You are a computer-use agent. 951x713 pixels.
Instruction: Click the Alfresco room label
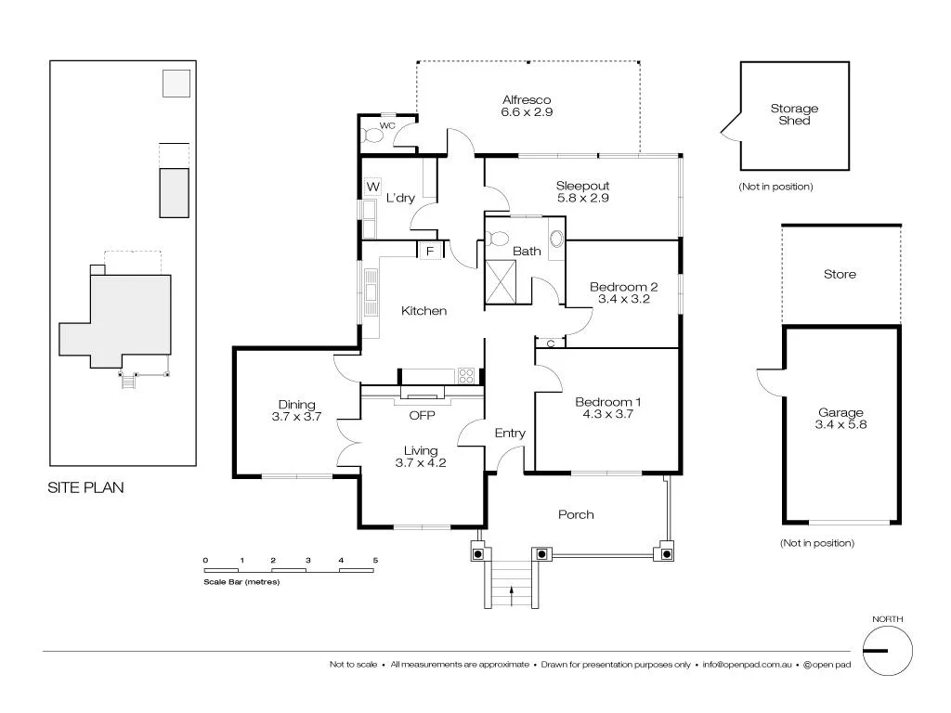pyautogui.click(x=527, y=106)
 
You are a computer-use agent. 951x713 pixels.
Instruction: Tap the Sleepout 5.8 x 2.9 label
pyautogui.click(x=582, y=191)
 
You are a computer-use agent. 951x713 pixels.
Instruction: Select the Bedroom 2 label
pyautogui.click(x=623, y=292)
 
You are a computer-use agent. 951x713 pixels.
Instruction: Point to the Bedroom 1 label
pyautogui.click(x=608, y=408)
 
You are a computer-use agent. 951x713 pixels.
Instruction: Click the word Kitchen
pyautogui.click(x=423, y=311)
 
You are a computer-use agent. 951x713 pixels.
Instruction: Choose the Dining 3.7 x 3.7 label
pyautogui.click(x=297, y=410)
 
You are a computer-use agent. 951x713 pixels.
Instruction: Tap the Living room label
pyautogui.click(x=421, y=456)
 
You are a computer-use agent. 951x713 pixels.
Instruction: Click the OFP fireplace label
pyautogui.click(x=422, y=415)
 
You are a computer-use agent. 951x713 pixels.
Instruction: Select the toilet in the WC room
pyautogui.click(x=373, y=135)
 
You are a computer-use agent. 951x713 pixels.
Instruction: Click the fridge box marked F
pyautogui.click(x=430, y=251)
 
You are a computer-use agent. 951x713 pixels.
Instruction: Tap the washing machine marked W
pyautogui.click(x=372, y=187)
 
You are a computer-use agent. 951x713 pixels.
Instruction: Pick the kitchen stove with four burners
pyautogui.click(x=467, y=375)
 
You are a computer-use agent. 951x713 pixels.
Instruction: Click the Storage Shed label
pyautogui.click(x=794, y=114)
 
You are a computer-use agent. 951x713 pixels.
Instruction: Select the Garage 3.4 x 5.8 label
pyautogui.click(x=840, y=419)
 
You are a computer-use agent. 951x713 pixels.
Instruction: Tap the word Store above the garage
pyautogui.click(x=840, y=274)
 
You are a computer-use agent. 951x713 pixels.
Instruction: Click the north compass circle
pyautogui.click(x=887, y=651)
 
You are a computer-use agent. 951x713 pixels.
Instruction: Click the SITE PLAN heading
pyautogui.click(x=85, y=486)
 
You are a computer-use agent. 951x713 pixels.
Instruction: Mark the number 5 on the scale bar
pyautogui.click(x=375, y=560)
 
